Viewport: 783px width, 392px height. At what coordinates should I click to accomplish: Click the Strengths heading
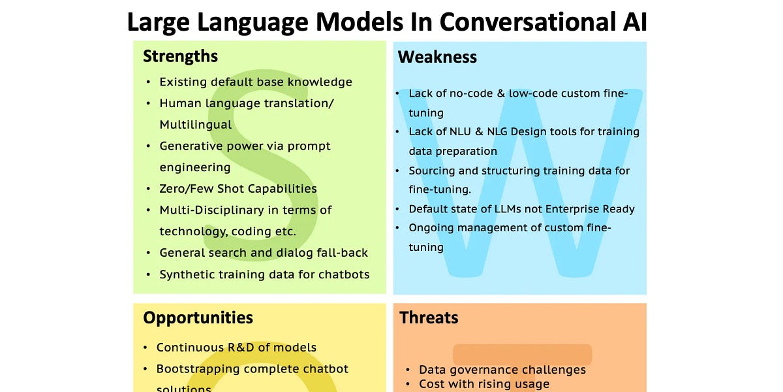180,56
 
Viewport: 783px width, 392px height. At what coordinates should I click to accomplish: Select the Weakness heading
437,57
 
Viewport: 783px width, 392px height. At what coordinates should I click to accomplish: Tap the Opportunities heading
198,318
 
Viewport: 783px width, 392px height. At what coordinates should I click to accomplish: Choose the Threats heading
429,318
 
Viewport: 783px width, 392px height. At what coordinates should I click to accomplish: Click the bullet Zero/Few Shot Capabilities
238,189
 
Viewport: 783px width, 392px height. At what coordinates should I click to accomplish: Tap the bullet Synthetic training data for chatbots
264,274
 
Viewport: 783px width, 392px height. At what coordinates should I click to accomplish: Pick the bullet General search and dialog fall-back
264,253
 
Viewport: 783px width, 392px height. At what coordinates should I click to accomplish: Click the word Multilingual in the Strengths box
195,125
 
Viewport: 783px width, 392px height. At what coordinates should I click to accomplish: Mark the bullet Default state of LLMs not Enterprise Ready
521,209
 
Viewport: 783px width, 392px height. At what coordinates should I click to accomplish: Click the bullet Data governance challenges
502,370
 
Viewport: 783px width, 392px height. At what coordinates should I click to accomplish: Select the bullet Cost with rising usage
484,384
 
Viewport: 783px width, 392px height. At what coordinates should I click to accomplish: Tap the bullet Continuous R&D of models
236,348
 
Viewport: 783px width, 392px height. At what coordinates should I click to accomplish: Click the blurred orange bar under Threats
522,355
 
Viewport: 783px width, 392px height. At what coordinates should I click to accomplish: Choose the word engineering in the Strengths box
194,167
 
